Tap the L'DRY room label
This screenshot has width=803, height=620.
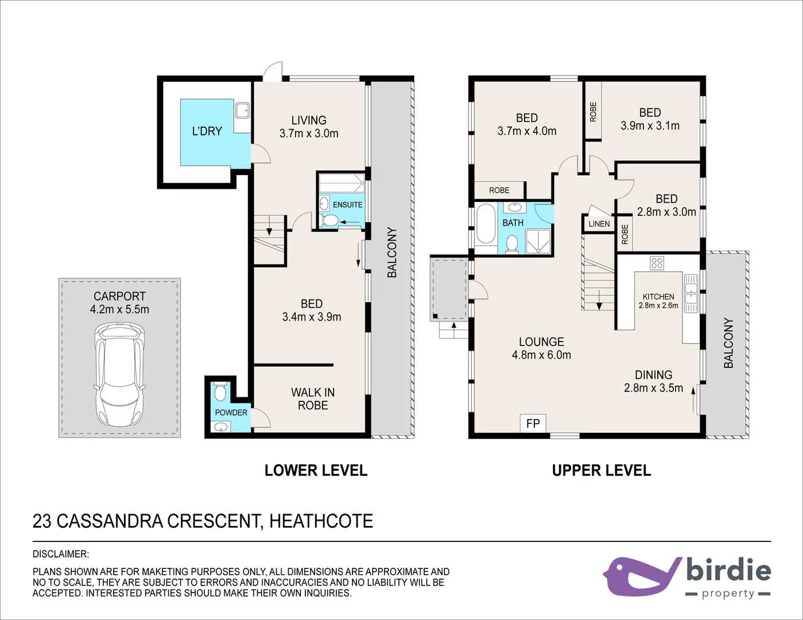pyautogui.click(x=207, y=131)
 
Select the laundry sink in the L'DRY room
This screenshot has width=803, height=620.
pyautogui.click(x=242, y=109)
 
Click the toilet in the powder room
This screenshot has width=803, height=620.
pyautogui.click(x=220, y=392)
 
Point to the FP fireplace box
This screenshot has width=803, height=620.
pyautogui.click(x=533, y=424)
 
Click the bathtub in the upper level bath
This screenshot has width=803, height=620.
pyautogui.click(x=486, y=225)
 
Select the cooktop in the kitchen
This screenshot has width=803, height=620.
pyautogui.click(x=657, y=263)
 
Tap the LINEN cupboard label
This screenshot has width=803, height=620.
pyautogui.click(x=599, y=224)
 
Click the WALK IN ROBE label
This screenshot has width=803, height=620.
pyautogui.click(x=313, y=399)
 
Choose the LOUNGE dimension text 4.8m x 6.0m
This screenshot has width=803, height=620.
pyautogui.click(x=541, y=355)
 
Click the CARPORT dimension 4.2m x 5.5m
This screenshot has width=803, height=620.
pyautogui.click(x=119, y=309)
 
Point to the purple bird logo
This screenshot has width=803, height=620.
pyautogui.click(x=640, y=576)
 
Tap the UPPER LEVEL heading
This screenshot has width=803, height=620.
pyautogui.click(x=601, y=471)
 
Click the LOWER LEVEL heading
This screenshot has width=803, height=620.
pyautogui.click(x=316, y=471)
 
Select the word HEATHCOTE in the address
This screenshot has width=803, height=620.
pyautogui.click(x=321, y=521)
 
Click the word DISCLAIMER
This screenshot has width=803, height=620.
pyautogui.click(x=60, y=555)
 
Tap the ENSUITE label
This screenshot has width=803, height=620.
pyautogui.click(x=347, y=205)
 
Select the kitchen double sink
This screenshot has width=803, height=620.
pyautogui.click(x=691, y=293)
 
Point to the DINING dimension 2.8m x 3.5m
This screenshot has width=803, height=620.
pyautogui.click(x=653, y=388)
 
